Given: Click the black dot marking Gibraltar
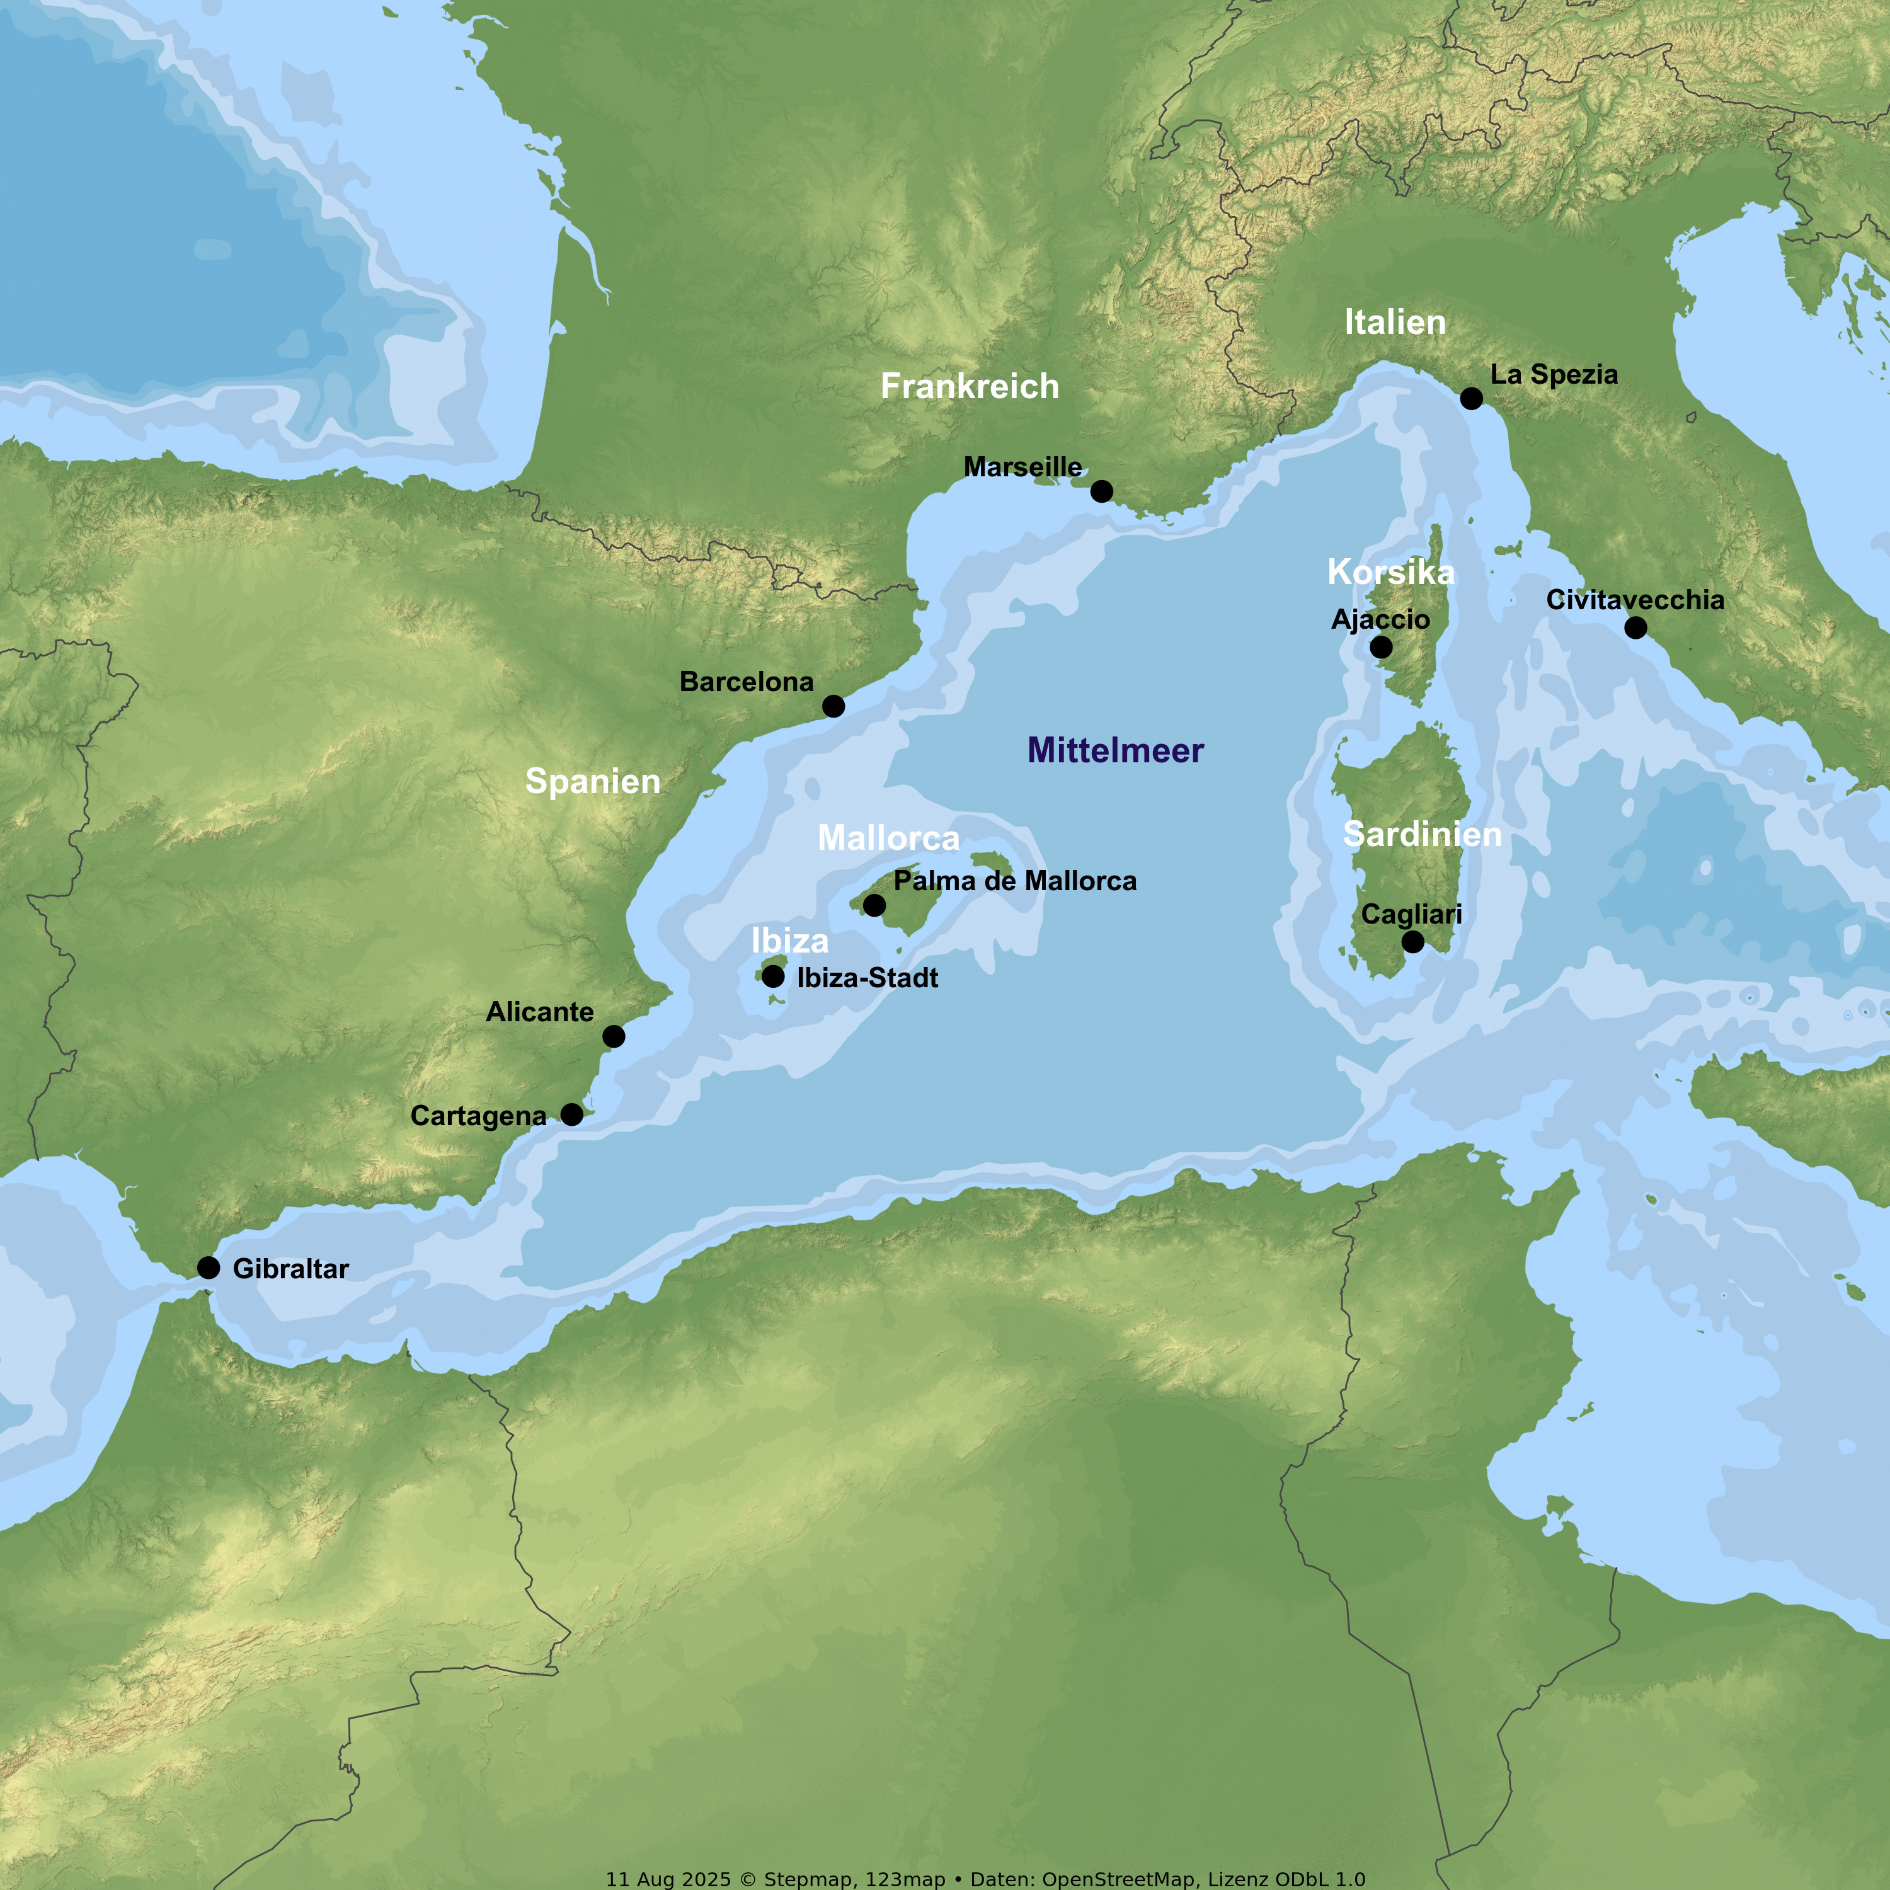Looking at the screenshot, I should [x=209, y=1268].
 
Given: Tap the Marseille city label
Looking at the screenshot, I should [x=1022, y=467].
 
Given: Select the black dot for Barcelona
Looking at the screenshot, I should [x=833, y=706].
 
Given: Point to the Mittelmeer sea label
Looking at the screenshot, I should [x=1115, y=750].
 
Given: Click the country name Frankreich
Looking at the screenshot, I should [x=970, y=386].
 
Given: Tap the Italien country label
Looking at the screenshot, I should [x=1395, y=323].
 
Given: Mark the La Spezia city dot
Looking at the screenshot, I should [x=1471, y=398].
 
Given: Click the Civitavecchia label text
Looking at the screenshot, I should [x=1635, y=600].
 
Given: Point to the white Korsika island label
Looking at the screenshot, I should [x=1390, y=572].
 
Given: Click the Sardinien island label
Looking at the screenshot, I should [x=1423, y=835].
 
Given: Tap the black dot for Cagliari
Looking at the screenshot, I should [x=1412, y=942].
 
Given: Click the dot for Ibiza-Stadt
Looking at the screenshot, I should [x=773, y=976].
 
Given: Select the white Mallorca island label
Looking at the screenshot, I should [x=888, y=839].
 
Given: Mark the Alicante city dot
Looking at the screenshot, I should [x=614, y=1036].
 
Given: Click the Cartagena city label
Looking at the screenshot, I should [x=478, y=1116].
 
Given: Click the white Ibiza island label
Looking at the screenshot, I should [x=789, y=941].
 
